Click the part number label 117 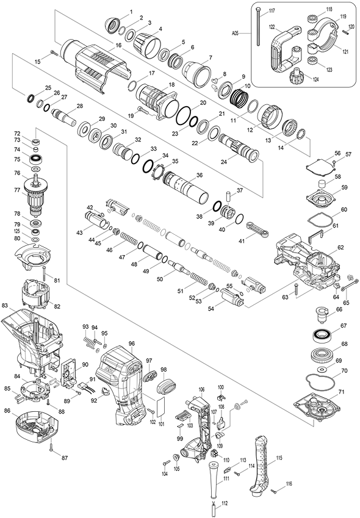coord(272,11)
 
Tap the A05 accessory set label coord(235,33)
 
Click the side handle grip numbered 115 coord(262,467)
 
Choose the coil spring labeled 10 coord(239,98)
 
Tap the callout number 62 coord(340,248)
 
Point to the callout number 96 coord(132,344)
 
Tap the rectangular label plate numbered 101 coord(160,407)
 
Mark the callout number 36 coord(199,175)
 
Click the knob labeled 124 coord(297,77)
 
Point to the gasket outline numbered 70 coord(320,381)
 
